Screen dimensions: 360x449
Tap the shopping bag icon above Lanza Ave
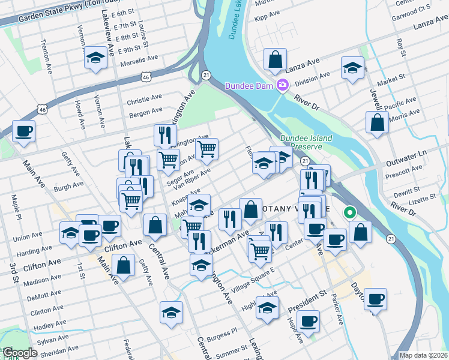(275, 60)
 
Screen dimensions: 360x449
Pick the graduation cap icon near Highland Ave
(267, 308)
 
